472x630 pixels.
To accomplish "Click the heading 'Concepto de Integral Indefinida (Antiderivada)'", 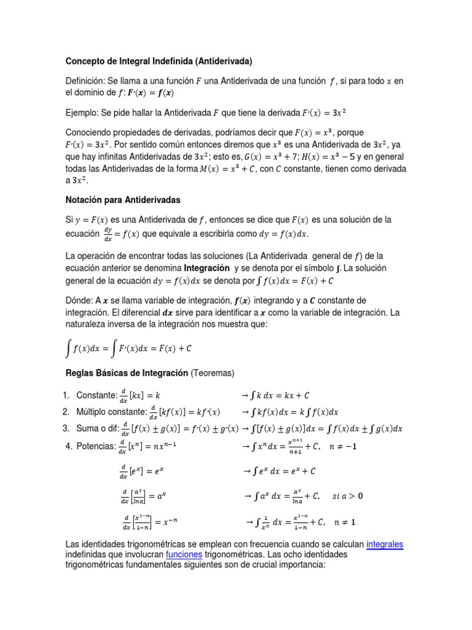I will click(159, 61).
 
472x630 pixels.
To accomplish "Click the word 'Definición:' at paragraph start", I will click(85, 81).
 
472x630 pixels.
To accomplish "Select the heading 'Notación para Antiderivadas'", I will click(122, 199).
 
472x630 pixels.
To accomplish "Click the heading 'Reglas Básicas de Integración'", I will click(127, 373).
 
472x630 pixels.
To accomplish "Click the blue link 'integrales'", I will click(385, 544).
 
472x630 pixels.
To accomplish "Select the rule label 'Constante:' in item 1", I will click(96, 395).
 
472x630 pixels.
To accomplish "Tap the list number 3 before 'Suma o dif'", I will click(66, 428).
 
